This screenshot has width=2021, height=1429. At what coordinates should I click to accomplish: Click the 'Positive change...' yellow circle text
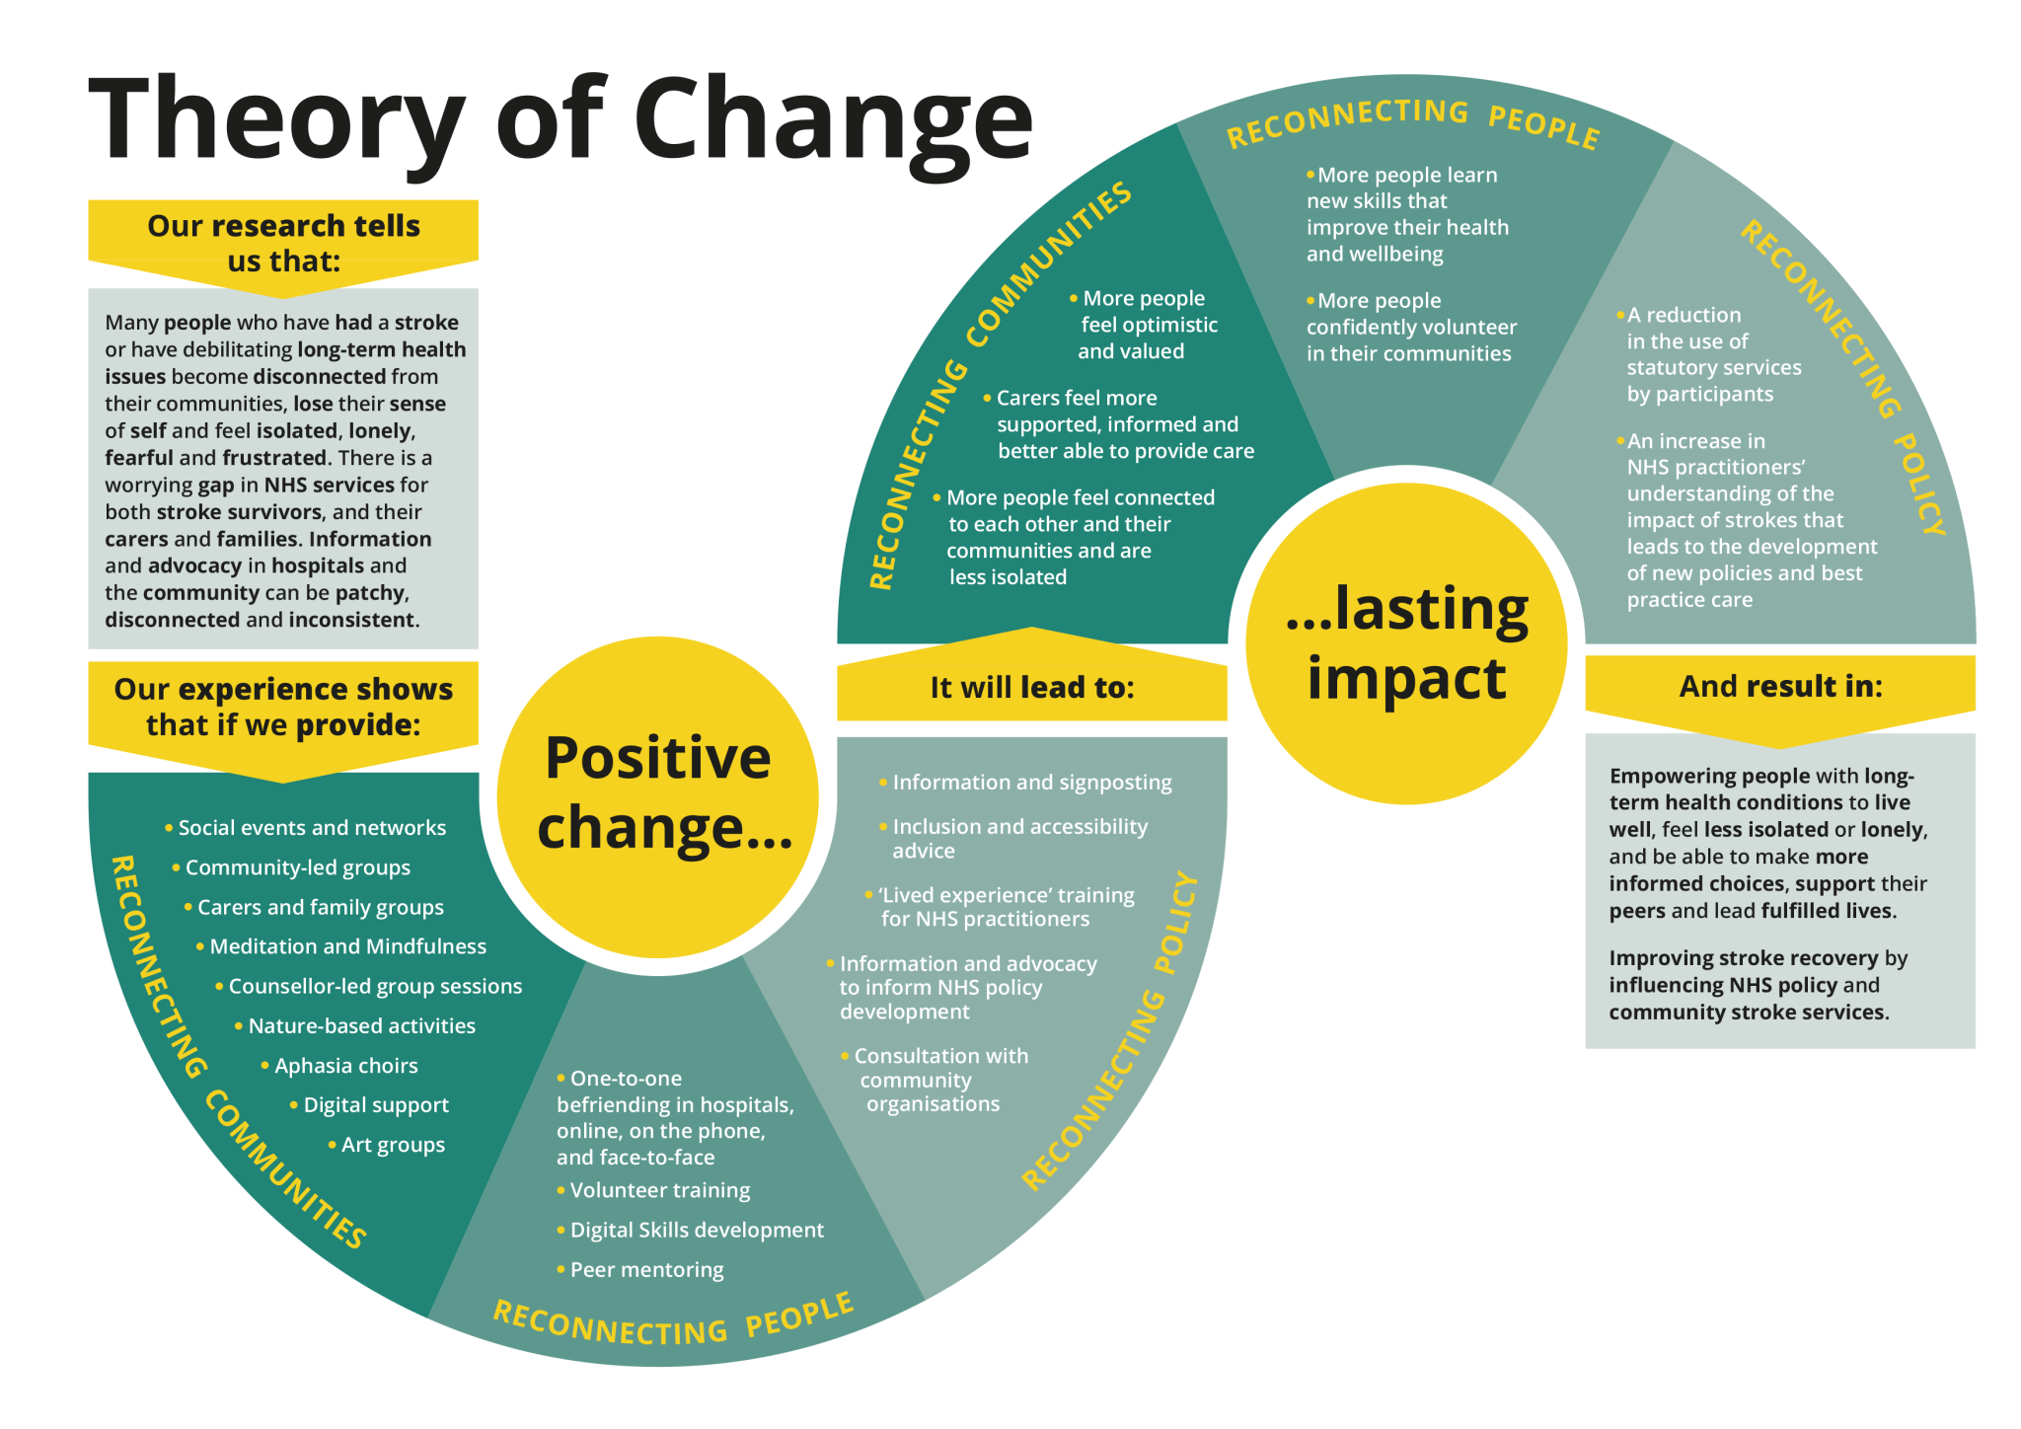click(659, 791)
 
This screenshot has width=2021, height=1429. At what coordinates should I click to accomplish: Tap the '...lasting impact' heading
click(1406, 642)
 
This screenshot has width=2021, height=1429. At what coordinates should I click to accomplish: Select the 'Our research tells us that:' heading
click(284, 243)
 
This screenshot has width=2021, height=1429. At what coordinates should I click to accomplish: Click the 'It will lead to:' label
click(1032, 687)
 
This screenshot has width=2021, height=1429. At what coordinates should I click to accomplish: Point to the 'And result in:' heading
click(1780, 686)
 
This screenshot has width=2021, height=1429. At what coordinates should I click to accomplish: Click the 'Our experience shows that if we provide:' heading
click(283, 707)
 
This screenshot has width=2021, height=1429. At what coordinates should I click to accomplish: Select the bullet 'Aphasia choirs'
click(345, 1066)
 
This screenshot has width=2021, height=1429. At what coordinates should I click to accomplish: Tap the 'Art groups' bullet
click(393, 1145)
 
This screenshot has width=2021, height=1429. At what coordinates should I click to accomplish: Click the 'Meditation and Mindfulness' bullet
click(347, 946)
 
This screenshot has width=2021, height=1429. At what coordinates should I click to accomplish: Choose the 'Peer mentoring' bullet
click(646, 1270)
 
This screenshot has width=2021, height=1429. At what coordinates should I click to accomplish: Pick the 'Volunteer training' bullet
click(659, 1190)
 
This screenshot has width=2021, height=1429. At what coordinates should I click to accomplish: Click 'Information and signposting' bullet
click(1031, 783)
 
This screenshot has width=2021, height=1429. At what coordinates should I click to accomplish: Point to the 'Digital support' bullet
click(375, 1105)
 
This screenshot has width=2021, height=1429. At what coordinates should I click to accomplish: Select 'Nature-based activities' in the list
click(361, 1026)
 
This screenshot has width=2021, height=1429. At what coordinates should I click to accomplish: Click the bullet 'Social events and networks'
click(312, 828)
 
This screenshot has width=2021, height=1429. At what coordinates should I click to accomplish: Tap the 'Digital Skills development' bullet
click(696, 1231)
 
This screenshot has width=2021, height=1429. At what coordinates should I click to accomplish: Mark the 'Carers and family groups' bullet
click(320, 907)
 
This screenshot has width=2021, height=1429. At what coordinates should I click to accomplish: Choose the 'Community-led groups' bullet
click(297, 867)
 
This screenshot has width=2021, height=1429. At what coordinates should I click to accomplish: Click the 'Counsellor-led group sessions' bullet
click(375, 986)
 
